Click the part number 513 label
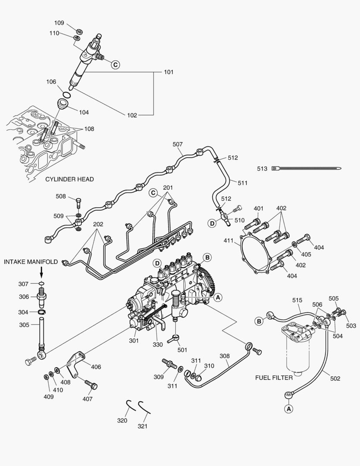click(x=262, y=169)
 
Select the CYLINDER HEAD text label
click(x=69, y=179)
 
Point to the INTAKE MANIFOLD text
click(x=31, y=261)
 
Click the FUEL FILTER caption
click(x=274, y=378)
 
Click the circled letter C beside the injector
click(x=115, y=64)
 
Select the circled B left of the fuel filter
click(x=260, y=321)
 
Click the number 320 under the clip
click(x=122, y=420)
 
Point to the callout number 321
click(x=143, y=426)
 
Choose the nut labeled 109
click(x=79, y=31)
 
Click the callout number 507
click(x=178, y=144)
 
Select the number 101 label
click(x=169, y=72)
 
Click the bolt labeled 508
click(x=78, y=202)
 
